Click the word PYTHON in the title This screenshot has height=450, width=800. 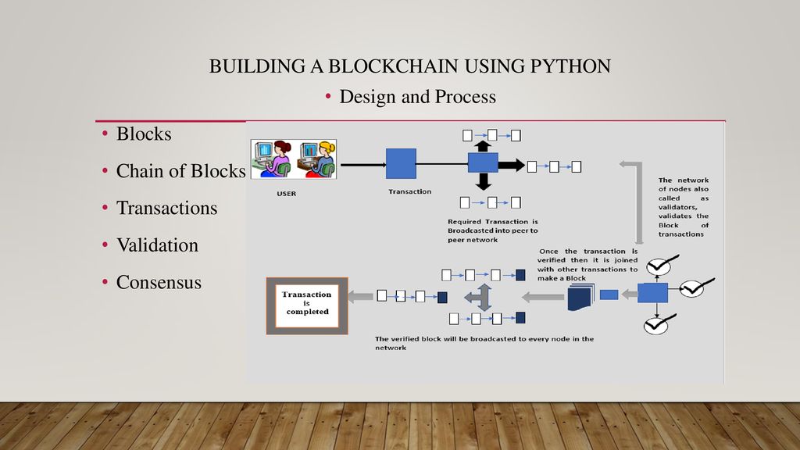point(570,66)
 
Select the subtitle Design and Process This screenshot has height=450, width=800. point(417,96)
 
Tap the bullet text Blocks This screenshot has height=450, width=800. point(144,134)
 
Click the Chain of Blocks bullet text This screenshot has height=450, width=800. point(181,171)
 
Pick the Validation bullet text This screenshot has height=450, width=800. point(157,245)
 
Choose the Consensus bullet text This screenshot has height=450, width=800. point(159,283)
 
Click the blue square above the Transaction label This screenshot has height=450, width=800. point(401,164)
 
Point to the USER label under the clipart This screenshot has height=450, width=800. point(286,194)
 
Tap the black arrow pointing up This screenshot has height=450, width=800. point(483,146)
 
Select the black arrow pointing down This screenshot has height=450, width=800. point(483,181)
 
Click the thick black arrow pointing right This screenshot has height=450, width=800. point(511,165)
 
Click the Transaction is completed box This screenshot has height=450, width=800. point(307,305)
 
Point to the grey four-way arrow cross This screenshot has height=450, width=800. point(480,297)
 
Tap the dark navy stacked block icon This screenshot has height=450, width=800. point(581,298)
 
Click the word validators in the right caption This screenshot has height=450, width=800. point(677,207)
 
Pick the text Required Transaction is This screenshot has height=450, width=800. point(493,221)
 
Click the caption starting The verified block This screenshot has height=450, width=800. point(484,343)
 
